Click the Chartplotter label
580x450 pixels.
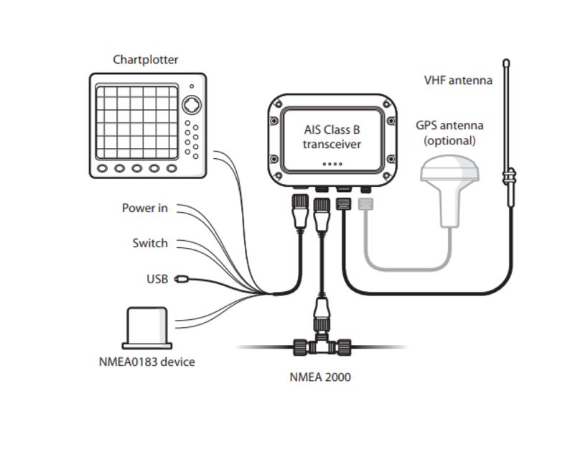click(145, 60)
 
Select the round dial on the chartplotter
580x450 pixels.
click(191, 105)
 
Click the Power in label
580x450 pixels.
click(144, 208)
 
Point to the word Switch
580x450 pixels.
click(149, 243)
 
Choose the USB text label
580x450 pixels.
click(156, 278)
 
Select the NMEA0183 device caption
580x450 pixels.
click(146, 361)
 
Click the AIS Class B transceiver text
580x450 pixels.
click(331, 137)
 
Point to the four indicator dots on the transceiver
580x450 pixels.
click(331, 164)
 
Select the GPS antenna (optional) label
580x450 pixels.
click(449, 132)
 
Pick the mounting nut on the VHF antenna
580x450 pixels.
click(508, 175)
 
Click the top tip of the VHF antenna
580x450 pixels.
click(506, 63)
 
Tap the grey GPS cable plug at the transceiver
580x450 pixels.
click(366, 206)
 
